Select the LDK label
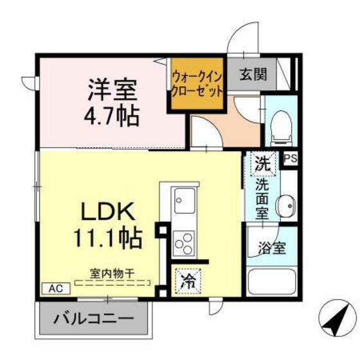point(107,212)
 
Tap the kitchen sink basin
point(181,201)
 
